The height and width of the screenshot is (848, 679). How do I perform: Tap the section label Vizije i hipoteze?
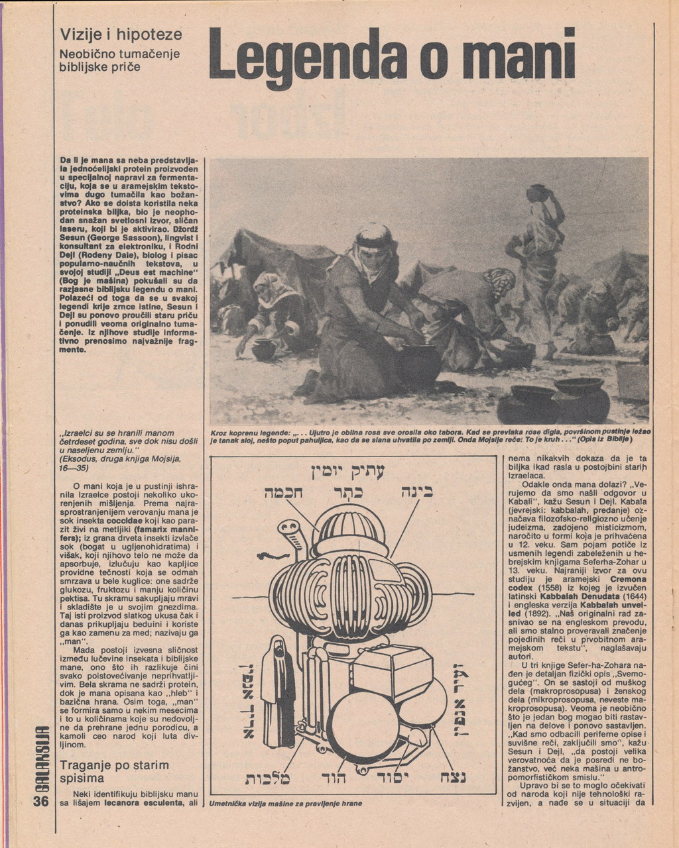pos(121,34)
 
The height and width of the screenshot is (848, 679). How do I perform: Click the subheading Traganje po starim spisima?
pos(115,771)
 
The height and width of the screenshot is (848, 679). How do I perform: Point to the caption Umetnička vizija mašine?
pos(286,804)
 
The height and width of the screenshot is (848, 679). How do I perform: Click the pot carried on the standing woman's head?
pos(539,193)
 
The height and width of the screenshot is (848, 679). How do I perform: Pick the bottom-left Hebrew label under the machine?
pos(268,778)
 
